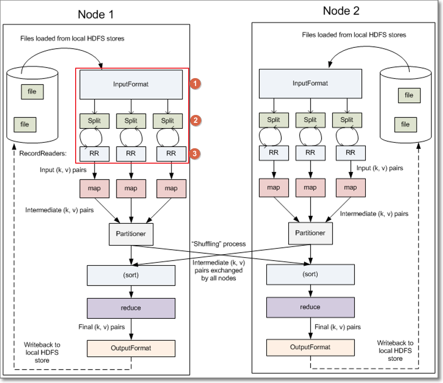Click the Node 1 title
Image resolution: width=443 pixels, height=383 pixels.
(96, 14)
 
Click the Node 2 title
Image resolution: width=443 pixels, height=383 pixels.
(341, 10)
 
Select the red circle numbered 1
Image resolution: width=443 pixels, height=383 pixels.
(196, 84)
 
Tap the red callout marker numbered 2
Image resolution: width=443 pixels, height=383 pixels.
(196, 120)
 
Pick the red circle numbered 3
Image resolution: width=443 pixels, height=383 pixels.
(196, 155)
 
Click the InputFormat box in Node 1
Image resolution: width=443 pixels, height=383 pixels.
(131, 84)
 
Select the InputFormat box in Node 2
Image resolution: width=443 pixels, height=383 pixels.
(310, 84)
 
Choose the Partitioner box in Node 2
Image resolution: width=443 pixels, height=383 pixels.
(310, 232)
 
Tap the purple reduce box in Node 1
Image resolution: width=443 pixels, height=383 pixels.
(131, 308)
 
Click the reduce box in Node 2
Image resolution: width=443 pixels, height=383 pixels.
(311, 307)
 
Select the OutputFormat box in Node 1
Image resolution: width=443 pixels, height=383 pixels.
(131, 348)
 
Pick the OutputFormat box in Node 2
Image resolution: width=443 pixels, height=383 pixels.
(311, 347)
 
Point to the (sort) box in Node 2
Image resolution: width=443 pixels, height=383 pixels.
(311, 274)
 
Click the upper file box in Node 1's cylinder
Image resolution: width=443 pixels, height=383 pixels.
(32, 92)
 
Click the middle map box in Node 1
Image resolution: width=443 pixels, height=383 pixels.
(131, 189)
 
